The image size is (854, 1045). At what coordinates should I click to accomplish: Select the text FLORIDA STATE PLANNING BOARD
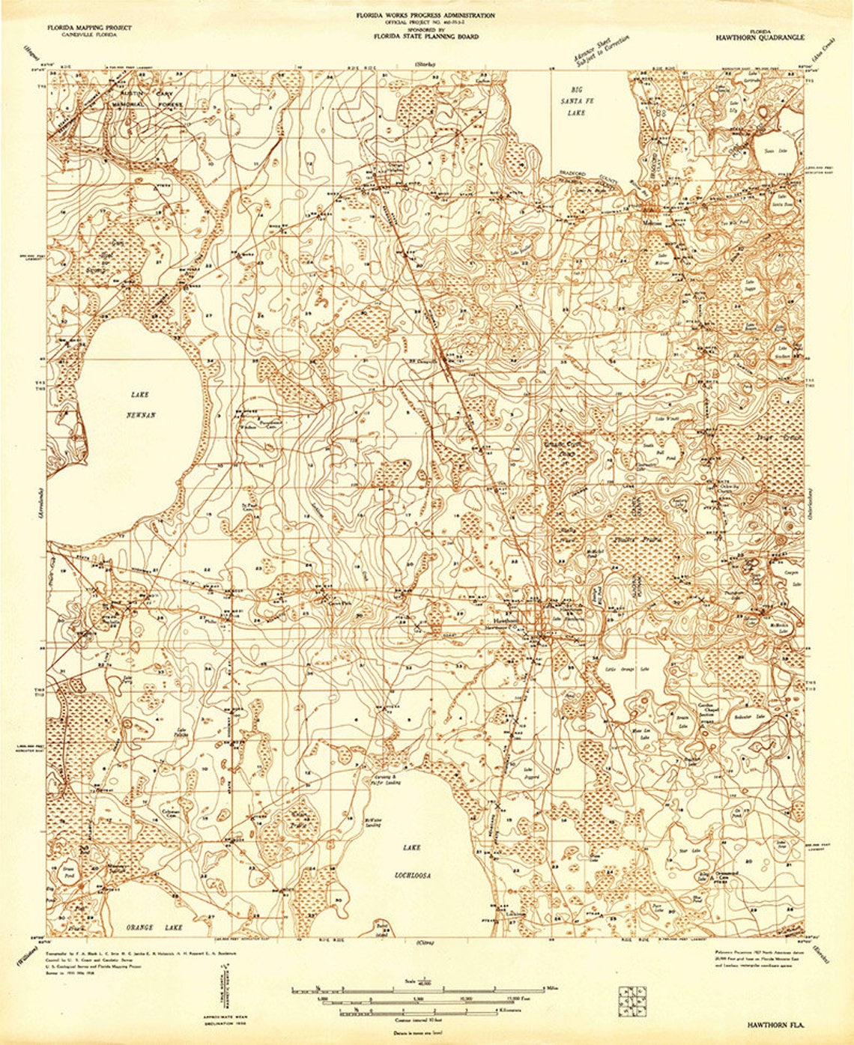427,36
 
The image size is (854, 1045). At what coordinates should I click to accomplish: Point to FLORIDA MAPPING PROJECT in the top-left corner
89,27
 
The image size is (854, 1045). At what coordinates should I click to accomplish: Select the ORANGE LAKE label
154,927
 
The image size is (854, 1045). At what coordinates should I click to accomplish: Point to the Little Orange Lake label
627,667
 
